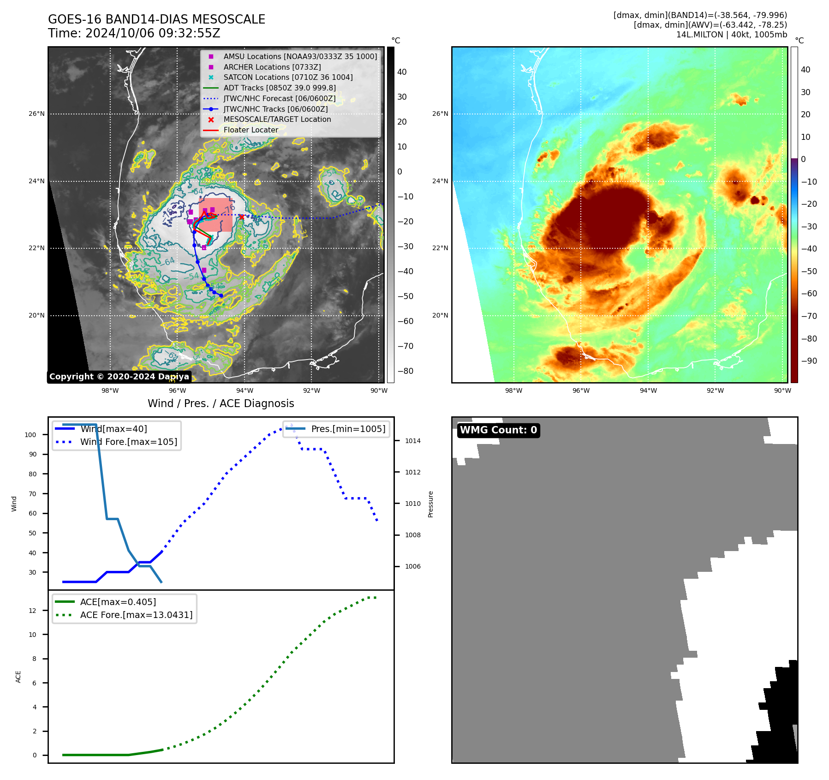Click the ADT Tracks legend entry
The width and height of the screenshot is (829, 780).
pos(280,88)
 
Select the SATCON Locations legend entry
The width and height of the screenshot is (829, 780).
pos(288,77)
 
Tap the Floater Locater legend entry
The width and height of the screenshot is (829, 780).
pos(250,130)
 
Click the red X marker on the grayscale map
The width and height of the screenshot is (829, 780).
pos(241,217)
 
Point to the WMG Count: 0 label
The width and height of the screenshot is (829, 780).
pos(498,430)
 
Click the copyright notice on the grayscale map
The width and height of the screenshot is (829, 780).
pos(119,377)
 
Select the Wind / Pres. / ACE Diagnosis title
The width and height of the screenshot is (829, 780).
pos(221,403)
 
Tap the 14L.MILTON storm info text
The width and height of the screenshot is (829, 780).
pos(731,35)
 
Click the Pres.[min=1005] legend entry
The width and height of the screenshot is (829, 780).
pos(348,429)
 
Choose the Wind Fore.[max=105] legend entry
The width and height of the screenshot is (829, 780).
pos(128,442)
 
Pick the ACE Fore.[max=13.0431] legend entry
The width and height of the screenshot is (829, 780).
pos(136,615)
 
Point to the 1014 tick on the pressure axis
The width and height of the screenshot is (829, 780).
pos(413,441)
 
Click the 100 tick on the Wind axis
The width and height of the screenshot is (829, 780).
pos(30,435)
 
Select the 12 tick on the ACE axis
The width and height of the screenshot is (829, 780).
pos(32,611)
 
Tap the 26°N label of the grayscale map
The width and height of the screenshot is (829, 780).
pos(36,114)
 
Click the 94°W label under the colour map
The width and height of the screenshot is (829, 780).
pos(648,390)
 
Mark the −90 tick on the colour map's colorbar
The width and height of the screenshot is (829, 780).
pos(809,361)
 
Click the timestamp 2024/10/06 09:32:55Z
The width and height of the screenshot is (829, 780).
pos(153,34)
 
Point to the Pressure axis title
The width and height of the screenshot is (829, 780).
pos(430,504)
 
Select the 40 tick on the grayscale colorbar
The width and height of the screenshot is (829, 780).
pos(402,72)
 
